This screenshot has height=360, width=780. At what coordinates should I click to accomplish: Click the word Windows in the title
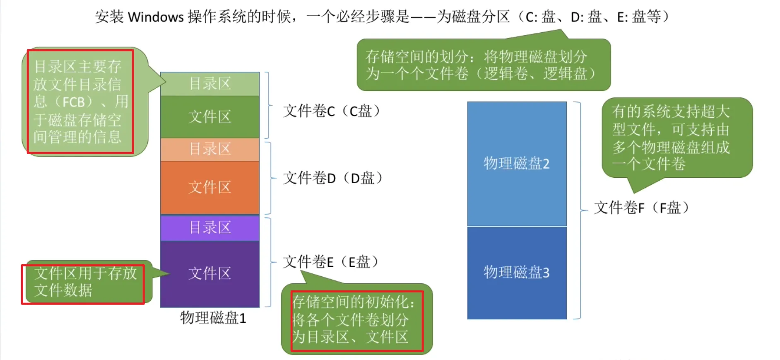click(156, 17)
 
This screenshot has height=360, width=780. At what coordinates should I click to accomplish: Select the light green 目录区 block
click(210, 84)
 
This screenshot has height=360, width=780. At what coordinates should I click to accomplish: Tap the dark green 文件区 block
click(210, 117)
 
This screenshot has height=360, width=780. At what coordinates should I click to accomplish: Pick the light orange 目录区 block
click(210, 149)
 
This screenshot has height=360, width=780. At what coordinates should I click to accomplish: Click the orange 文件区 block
click(210, 187)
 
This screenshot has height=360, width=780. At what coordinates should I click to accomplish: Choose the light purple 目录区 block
click(210, 227)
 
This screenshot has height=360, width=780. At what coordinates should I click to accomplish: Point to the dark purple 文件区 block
click(210, 273)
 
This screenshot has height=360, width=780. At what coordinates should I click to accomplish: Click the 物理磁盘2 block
click(517, 164)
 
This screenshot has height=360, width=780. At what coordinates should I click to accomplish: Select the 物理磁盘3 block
click(517, 273)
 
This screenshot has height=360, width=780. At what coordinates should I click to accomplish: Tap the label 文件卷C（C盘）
click(332, 111)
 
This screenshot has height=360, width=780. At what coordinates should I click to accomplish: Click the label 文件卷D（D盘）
click(333, 178)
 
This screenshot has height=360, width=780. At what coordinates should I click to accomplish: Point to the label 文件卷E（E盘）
click(331, 262)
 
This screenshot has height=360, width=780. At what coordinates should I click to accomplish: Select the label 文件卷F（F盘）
click(642, 208)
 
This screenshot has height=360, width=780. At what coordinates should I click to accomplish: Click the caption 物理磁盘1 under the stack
click(213, 318)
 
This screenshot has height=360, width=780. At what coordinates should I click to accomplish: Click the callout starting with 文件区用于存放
click(85, 282)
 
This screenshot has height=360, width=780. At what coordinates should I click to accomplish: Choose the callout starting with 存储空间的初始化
click(356, 319)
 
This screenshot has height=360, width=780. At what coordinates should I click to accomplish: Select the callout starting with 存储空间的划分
click(483, 65)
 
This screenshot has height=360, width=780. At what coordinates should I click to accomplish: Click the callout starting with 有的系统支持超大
click(677, 138)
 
